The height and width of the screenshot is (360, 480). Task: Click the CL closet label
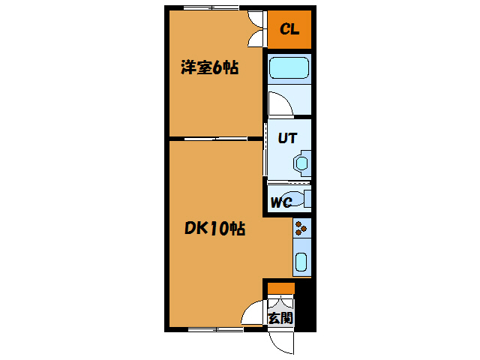(289, 30)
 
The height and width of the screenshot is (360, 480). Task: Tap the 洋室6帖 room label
(209, 68)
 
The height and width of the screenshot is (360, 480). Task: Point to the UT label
(288, 138)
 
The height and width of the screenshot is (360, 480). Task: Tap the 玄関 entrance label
(280, 318)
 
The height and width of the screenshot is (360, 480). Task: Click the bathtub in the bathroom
(289, 69)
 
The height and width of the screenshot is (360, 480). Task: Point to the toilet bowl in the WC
(299, 199)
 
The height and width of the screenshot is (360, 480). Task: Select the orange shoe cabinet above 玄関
(281, 288)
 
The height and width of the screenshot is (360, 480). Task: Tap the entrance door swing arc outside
(282, 342)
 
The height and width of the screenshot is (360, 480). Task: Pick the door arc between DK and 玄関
(254, 313)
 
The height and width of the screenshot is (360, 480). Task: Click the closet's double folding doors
(256, 29)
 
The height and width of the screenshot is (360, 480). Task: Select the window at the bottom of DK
(215, 328)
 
